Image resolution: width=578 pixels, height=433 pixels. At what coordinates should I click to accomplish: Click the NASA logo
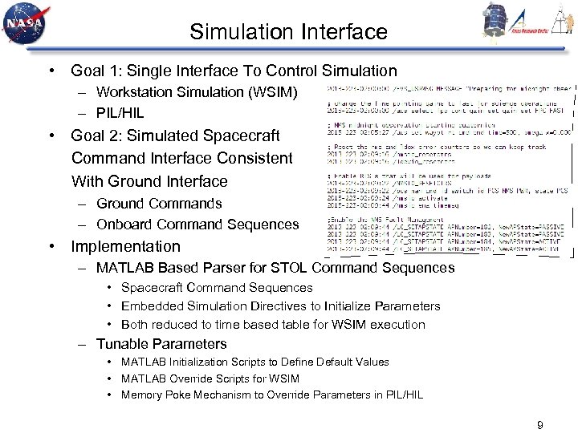click(26, 24)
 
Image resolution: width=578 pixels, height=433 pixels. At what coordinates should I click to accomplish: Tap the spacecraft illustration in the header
click(494, 19)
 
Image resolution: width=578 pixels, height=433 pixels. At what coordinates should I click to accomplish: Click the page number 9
click(539, 425)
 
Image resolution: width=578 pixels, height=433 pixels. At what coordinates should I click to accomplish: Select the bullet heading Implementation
click(126, 246)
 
